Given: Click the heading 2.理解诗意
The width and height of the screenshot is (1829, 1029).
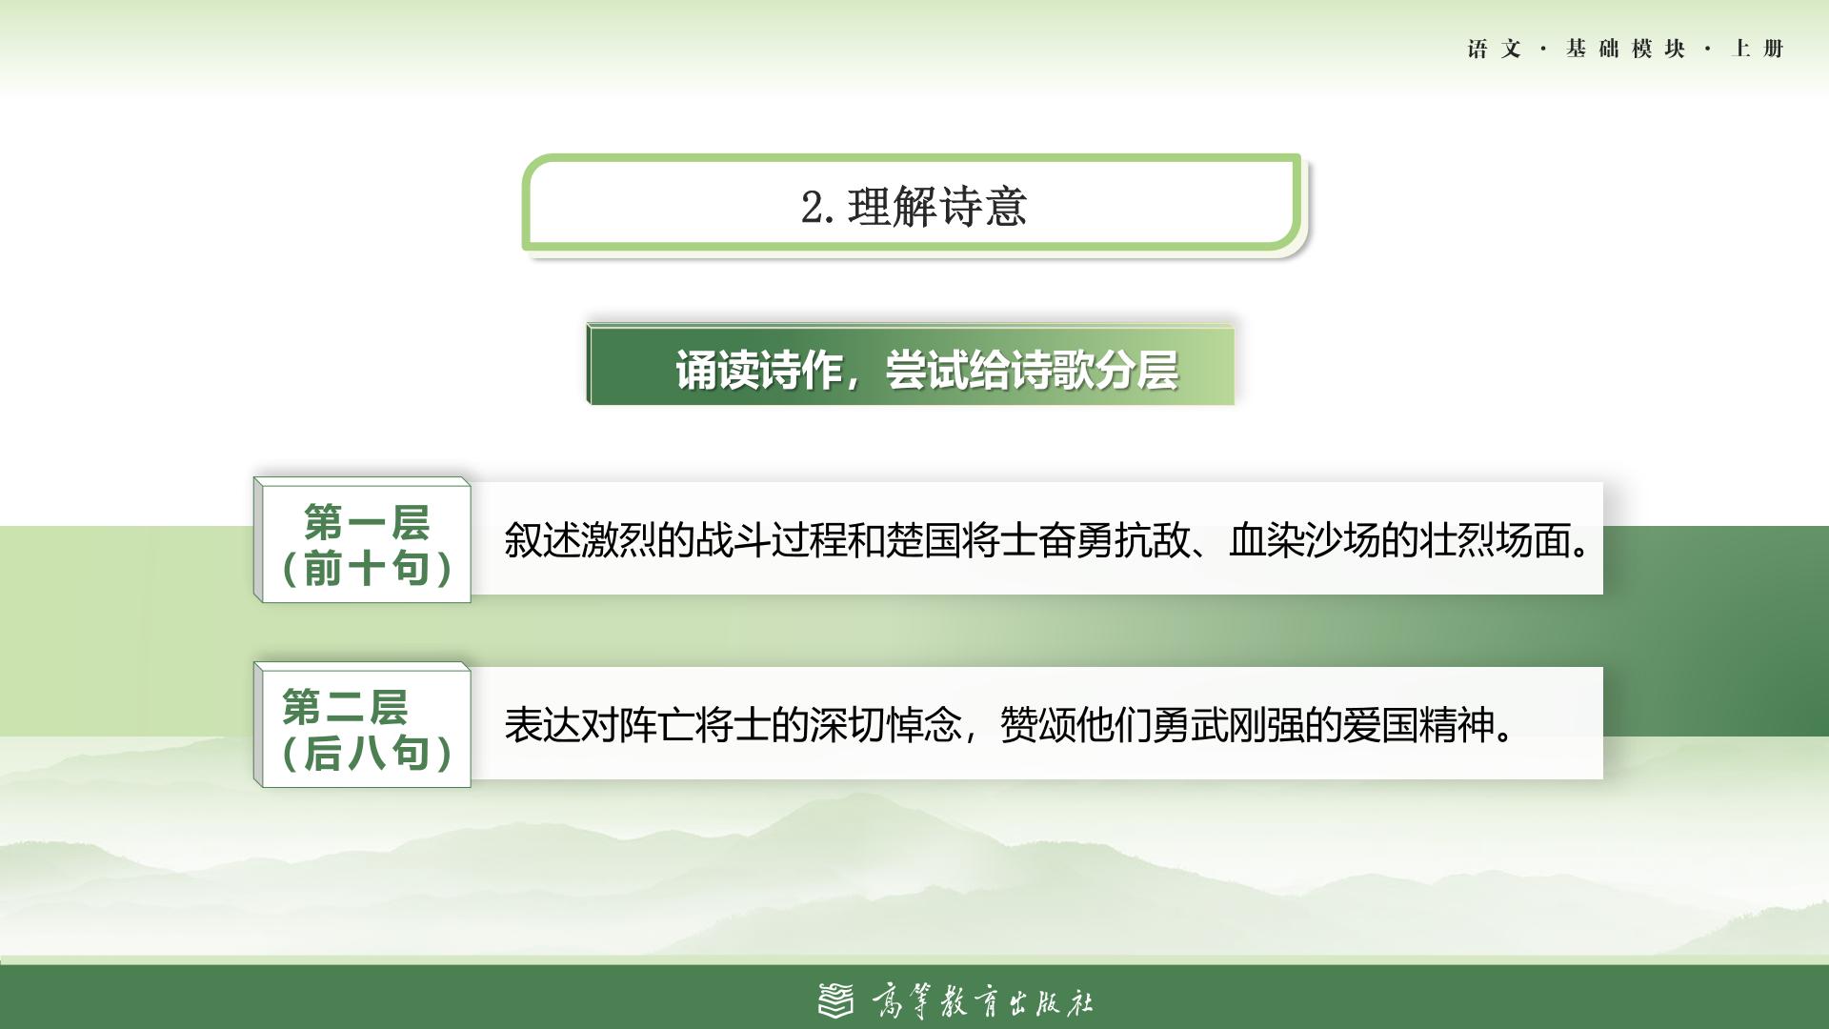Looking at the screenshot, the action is click(x=914, y=207).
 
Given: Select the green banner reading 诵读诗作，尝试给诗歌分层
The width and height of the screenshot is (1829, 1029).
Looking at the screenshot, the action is click(x=911, y=365).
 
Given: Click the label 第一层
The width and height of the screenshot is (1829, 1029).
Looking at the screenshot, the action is click(x=367, y=522).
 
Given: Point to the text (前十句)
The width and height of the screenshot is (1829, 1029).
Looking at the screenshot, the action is click(x=367, y=568).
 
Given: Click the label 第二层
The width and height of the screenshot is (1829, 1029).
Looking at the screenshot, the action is click(x=345, y=707).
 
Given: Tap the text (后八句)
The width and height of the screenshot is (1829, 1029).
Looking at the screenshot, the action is click(x=367, y=753).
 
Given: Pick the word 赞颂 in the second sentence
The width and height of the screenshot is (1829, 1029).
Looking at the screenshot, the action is click(x=1037, y=725).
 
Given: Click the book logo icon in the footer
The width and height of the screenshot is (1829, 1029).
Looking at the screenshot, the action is click(x=836, y=1000).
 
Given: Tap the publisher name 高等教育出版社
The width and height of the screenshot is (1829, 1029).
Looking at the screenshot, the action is click(x=982, y=1001).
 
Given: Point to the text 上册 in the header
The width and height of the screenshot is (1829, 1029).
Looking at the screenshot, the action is click(x=1758, y=49).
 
